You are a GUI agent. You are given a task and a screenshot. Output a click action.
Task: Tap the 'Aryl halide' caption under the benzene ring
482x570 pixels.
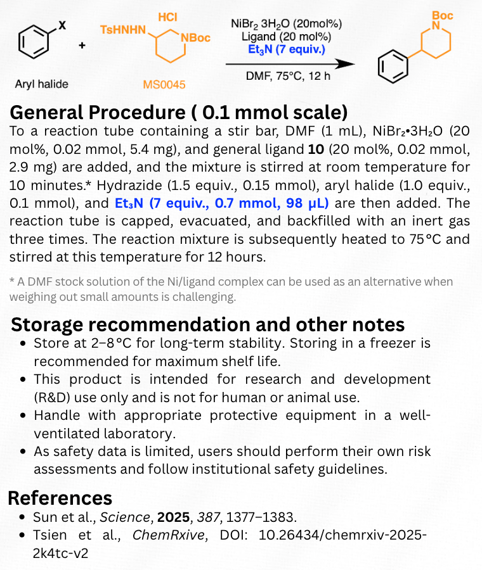pos(42,84)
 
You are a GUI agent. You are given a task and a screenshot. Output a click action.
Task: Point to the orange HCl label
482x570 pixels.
pos(167,16)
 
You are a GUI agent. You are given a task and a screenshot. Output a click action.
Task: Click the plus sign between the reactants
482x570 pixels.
pos(82,46)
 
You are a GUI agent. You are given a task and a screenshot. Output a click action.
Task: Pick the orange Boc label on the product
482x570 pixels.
pos(442,15)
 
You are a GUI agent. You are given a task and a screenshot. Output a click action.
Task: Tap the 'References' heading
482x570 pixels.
pos(60,497)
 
